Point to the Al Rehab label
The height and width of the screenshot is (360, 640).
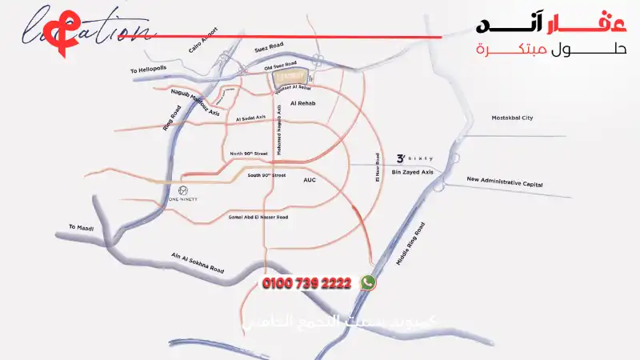(306, 104)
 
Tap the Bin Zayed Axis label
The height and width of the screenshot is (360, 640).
(413, 172)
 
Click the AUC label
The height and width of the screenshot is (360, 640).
(310, 180)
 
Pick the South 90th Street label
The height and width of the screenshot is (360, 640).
(266, 174)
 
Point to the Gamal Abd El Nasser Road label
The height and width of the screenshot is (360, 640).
(258, 217)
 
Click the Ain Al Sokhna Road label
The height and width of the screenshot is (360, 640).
(198, 263)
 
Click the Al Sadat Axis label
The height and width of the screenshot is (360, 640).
(250, 118)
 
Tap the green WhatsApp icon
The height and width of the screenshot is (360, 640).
(368, 282)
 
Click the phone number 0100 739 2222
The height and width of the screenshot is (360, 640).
(307, 284)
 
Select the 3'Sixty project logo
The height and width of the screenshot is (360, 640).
(415, 158)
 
